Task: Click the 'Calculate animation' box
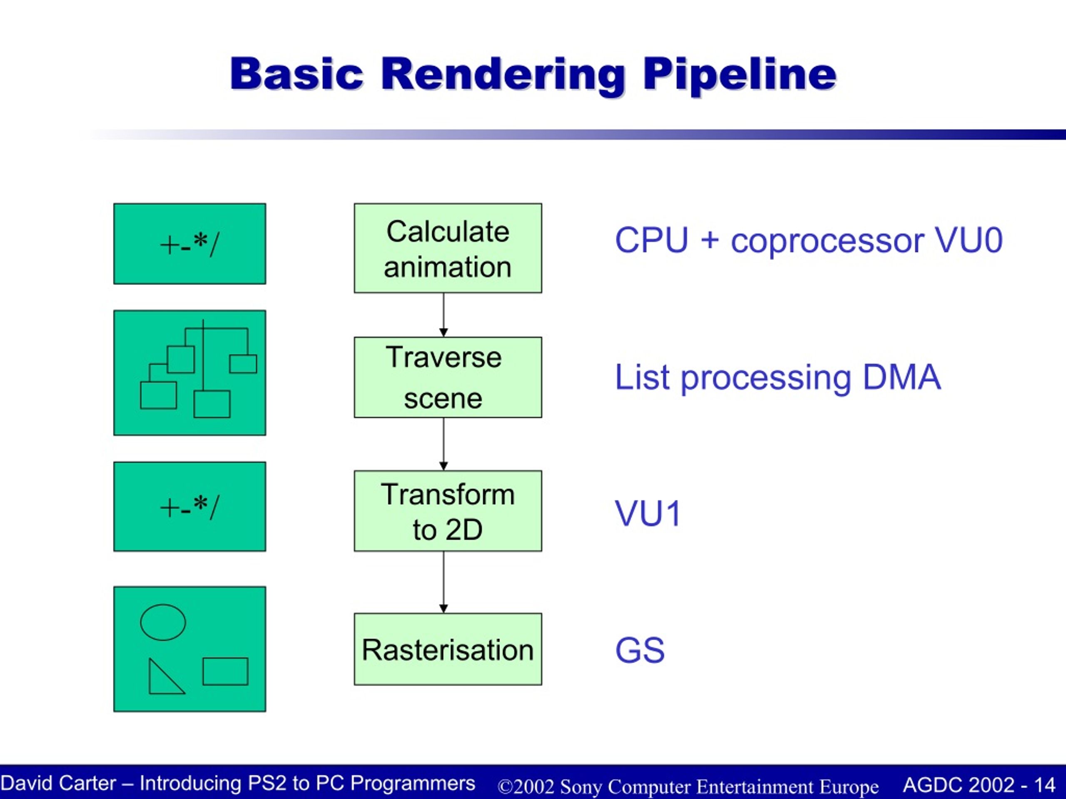coord(448,248)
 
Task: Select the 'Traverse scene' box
coord(448,377)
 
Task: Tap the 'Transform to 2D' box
coord(448,511)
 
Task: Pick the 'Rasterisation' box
coord(448,649)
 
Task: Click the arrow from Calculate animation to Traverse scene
coord(443,315)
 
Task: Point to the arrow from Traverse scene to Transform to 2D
coord(443,444)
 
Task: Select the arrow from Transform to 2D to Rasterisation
coord(443,582)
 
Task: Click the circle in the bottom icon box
coord(163,622)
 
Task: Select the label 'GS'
coord(640,650)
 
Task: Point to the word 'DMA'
coord(901,377)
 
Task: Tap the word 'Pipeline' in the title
coord(740,74)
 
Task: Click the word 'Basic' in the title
coord(296,74)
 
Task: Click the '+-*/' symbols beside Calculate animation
coord(189,245)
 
